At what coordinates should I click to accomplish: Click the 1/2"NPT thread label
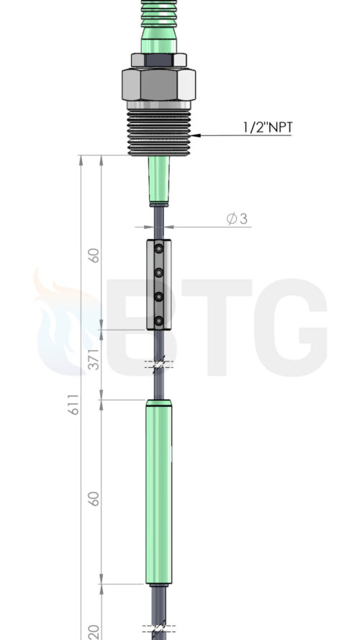click(268, 127)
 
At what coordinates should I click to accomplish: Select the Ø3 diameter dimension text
click(237, 219)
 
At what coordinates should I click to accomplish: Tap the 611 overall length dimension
click(73, 405)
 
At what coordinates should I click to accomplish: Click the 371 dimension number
click(94, 359)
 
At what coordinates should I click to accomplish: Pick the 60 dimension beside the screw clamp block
click(94, 256)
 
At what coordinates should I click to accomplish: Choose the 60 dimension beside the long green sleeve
click(94, 499)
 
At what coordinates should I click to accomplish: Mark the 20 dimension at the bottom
click(94, 632)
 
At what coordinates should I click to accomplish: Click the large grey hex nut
click(158, 84)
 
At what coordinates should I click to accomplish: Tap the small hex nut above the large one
click(158, 60)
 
